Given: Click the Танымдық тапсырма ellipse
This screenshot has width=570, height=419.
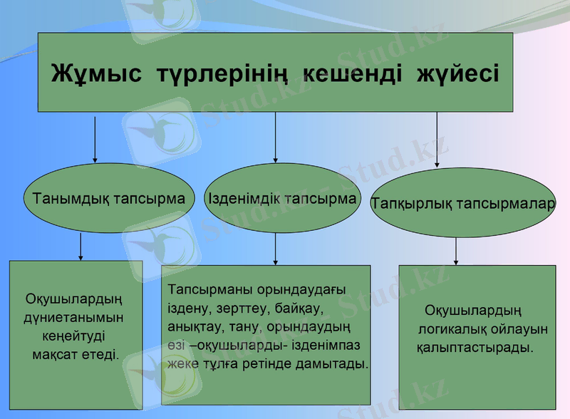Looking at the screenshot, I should coord(108,199).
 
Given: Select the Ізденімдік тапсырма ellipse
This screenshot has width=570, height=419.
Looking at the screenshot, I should coord(282,198).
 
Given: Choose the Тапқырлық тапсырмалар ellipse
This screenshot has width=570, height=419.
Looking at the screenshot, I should coord(462,204).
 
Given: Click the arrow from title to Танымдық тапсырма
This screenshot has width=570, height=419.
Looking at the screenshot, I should coord(95,138).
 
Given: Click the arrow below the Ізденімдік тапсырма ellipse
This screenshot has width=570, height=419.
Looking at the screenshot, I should coord(276,249).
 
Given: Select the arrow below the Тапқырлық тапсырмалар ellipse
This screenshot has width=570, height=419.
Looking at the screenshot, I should coord(456,251).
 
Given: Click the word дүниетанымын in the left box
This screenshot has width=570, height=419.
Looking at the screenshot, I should coord(74,317).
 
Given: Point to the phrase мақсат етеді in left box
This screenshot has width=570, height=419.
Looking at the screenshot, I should coord(76,353).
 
